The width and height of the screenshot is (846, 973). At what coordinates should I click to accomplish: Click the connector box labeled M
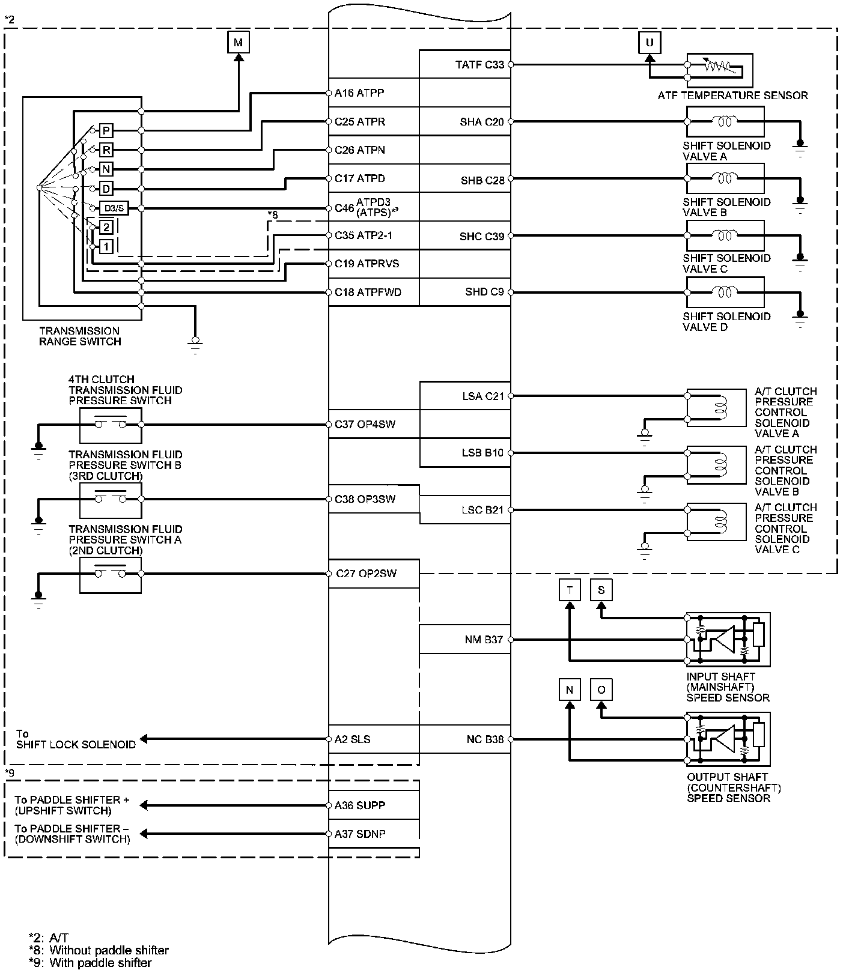(239, 42)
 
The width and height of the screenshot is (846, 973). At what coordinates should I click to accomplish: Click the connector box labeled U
(649, 42)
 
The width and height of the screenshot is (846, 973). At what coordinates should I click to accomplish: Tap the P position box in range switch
(106, 130)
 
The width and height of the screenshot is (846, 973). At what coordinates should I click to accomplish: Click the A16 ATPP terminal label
(359, 93)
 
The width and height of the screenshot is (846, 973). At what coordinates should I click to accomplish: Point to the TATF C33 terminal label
(479, 64)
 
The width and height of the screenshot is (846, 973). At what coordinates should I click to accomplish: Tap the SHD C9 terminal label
(484, 292)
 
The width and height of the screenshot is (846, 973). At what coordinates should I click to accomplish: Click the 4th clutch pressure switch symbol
(111, 425)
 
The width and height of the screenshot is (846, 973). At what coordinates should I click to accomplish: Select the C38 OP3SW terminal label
(365, 499)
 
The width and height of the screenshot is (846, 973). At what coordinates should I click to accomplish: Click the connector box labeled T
(570, 590)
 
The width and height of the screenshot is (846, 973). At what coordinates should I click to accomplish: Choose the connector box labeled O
(601, 690)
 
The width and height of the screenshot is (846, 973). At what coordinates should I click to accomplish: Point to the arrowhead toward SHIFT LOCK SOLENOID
(144, 739)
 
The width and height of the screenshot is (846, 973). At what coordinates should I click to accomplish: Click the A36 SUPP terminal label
(360, 805)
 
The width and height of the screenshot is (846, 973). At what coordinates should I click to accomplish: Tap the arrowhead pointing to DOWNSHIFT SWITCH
(144, 834)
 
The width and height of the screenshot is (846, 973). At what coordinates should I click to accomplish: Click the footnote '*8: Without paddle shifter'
(99, 950)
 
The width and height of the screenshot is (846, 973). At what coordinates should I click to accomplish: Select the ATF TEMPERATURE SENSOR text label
(732, 95)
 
